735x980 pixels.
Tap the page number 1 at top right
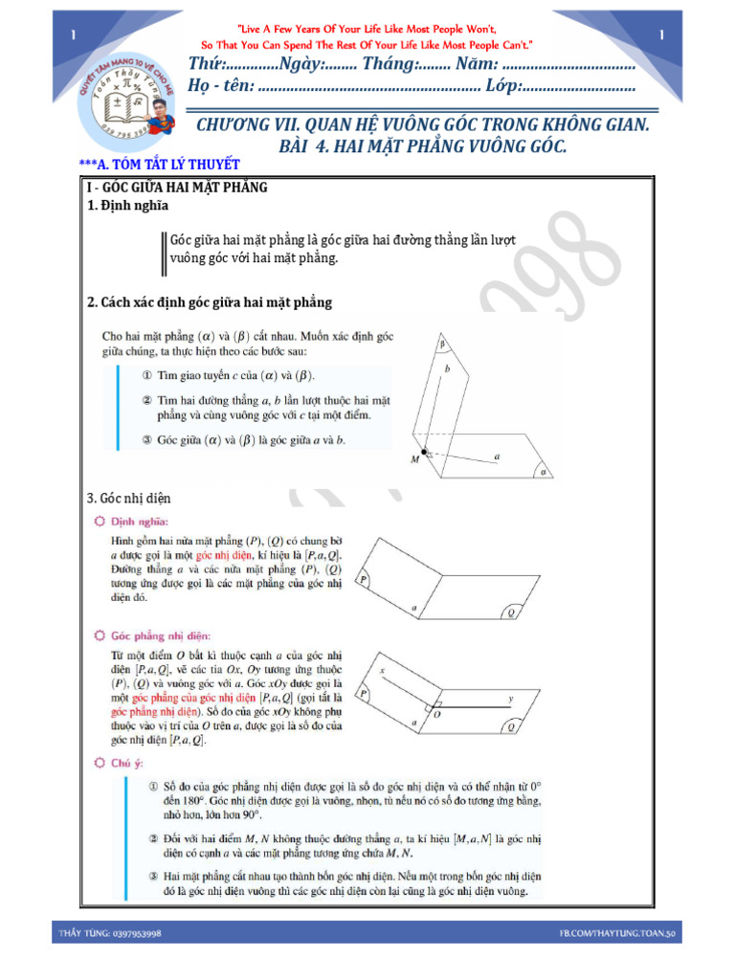(x=661, y=35)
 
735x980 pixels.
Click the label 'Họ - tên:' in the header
(x=222, y=87)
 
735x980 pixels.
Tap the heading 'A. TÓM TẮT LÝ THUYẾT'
(x=164, y=165)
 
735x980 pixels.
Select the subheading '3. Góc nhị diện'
(x=129, y=498)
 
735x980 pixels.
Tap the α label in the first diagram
(x=544, y=472)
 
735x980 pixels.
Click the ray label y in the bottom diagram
(x=510, y=699)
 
